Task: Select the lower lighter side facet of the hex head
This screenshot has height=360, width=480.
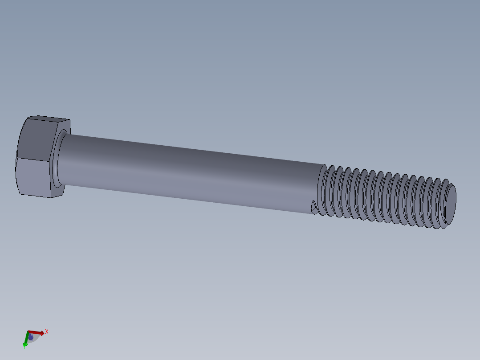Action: click(32, 177)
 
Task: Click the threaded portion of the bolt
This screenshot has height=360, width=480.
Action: click(383, 196)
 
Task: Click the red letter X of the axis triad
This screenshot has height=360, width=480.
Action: click(46, 331)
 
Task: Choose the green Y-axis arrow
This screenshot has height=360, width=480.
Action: click(26, 340)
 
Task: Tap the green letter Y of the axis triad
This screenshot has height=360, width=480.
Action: click(24, 347)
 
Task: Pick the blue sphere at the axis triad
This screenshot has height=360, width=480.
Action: click(31, 337)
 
